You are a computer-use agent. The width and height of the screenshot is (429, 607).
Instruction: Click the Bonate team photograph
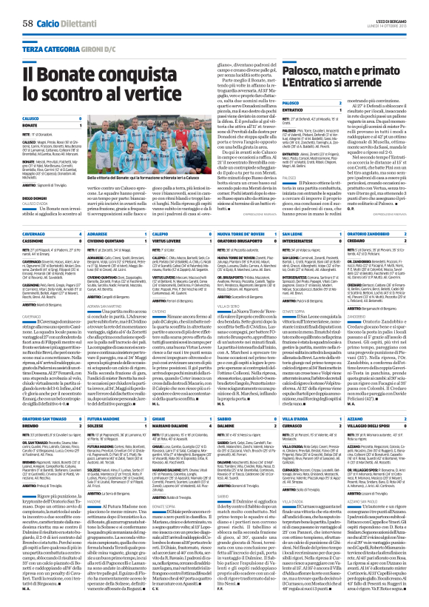166,145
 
